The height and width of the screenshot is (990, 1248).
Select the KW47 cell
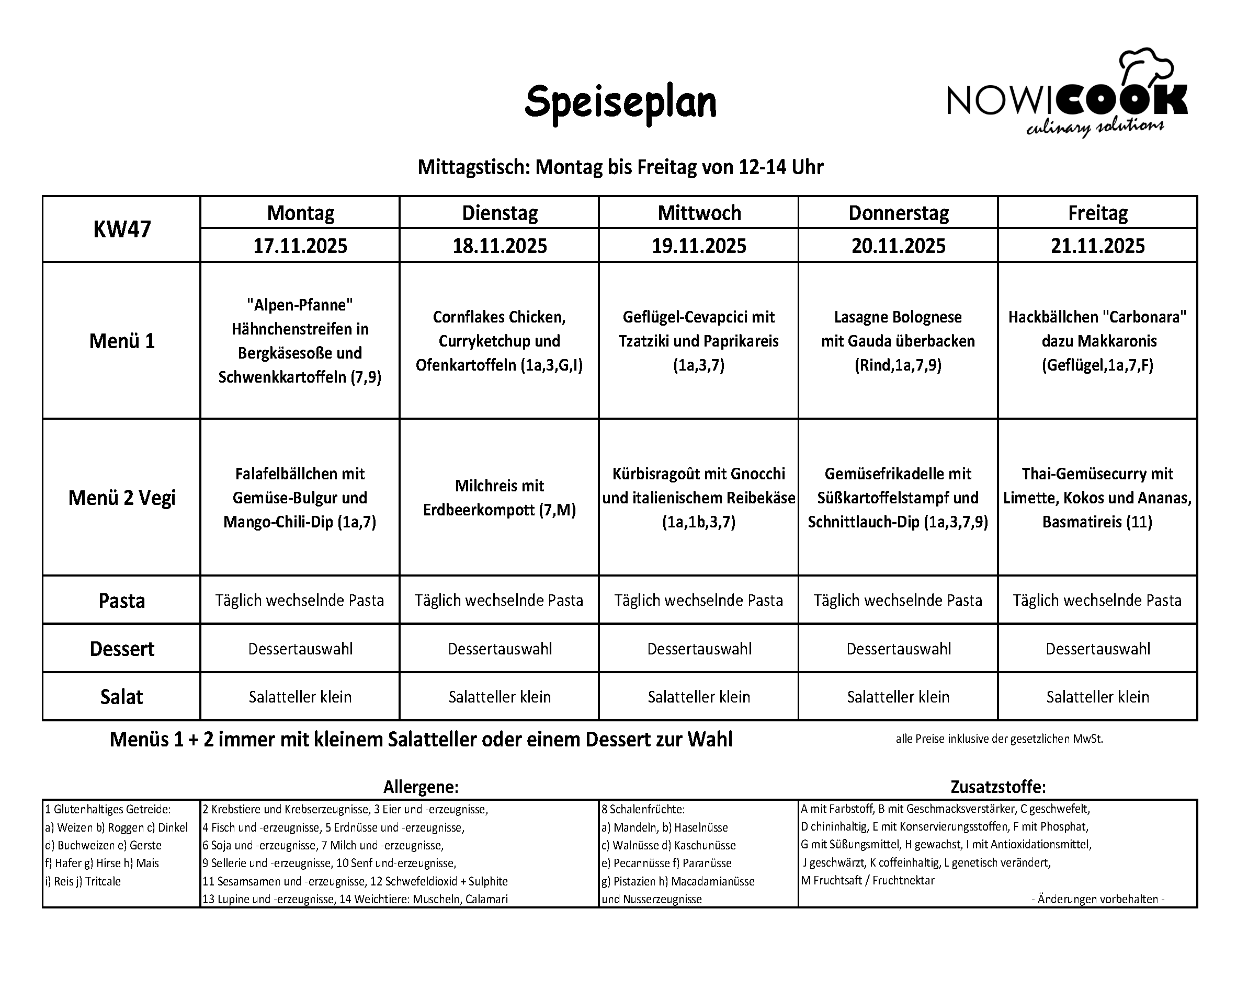121,229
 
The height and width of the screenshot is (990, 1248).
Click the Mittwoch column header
699,213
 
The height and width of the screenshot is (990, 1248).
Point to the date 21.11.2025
1097,246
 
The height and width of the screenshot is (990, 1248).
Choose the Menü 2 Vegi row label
121,498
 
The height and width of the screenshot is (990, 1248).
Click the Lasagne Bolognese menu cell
898,341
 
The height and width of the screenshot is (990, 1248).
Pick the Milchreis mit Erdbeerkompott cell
499,498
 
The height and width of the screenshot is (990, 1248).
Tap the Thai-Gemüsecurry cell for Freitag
1097,498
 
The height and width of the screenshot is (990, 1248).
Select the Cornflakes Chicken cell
499,341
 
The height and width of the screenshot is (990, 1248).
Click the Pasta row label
121,601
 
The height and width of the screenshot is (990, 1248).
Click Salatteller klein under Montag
300,697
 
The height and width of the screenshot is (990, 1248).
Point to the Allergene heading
421,787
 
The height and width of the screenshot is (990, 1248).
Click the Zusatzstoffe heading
998,787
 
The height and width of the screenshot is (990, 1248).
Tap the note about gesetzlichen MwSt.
999,739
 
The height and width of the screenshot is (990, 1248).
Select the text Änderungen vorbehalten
1097,899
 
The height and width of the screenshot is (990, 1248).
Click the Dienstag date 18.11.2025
500,246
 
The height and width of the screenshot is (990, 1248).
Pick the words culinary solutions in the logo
1094,128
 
